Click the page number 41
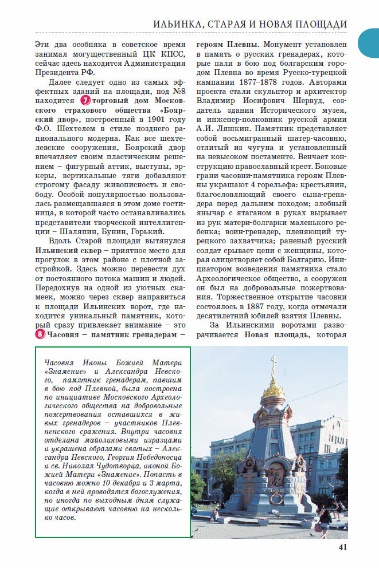point(343,546)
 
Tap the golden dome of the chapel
point(273,389)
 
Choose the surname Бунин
point(115,231)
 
